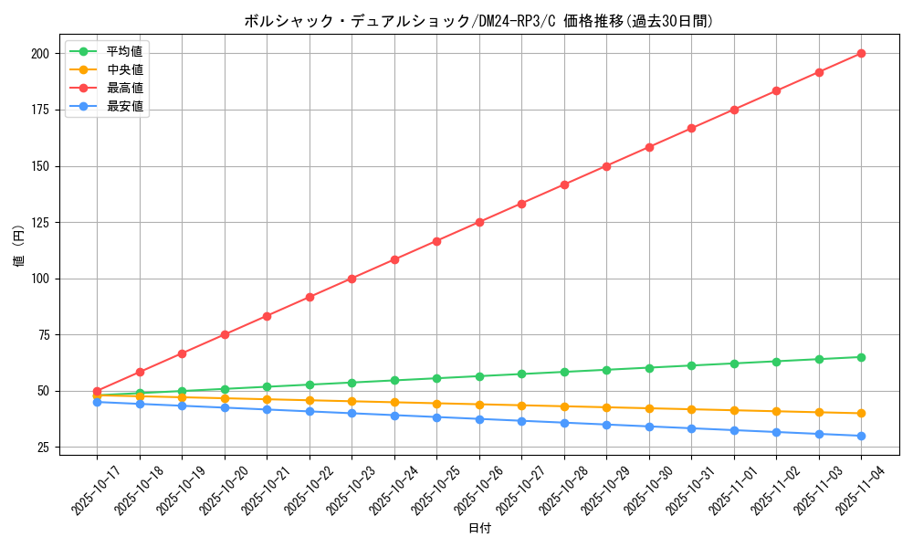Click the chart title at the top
pyautogui.click(x=478, y=21)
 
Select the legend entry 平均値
pyautogui.click(x=125, y=51)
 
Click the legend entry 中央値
pyautogui.click(x=125, y=69)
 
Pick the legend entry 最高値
pyautogui.click(x=125, y=88)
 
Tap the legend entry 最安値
pyautogui.click(x=125, y=106)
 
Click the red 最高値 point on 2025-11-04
pyautogui.click(x=861, y=53)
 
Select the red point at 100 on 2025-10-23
pyautogui.click(x=352, y=279)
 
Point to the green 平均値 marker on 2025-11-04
pyautogui.click(x=861, y=357)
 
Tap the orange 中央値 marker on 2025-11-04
pyautogui.click(x=861, y=413)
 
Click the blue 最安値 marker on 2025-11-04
pyautogui.click(x=861, y=436)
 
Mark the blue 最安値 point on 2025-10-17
pyautogui.click(x=97, y=402)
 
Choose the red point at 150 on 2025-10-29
pyautogui.click(x=606, y=166)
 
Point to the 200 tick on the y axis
pyautogui.click(x=39, y=54)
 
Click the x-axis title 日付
pyautogui.click(x=479, y=529)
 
